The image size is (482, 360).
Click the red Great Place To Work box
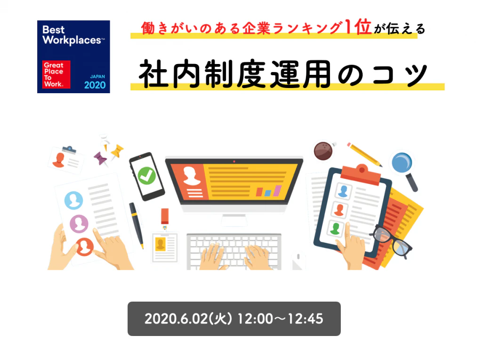pyautogui.click(x=56, y=74)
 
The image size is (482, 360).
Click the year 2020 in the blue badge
pyautogui.click(x=95, y=85)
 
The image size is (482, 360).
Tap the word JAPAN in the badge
pyautogui.click(x=97, y=76)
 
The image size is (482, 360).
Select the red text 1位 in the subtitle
pyautogui.click(x=358, y=27)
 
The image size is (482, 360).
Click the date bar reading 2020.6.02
pyautogui.click(x=234, y=319)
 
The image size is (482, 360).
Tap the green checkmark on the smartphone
pyautogui.click(x=146, y=176)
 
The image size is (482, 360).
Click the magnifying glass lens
pyautogui.click(x=402, y=163)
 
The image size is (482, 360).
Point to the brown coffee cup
pyautogui.click(x=323, y=151)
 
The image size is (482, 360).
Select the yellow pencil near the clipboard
pyautogui.click(x=365, y=155)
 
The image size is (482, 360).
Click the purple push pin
pyautogui.click(x=100, y=159)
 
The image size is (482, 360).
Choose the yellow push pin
pyautogui.click(x=117, y=151)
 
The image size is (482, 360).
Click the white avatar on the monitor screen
pyautogui.click(x=192, y=176)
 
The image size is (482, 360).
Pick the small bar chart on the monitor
pyautogui.click(x=269, y=191)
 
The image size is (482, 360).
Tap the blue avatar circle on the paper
pyautogui.click(x=73, y=200)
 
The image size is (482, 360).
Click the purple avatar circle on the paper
pyautogui.click(x=79, y=224)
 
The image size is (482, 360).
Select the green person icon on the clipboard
pyautogui.click(x=335, y=228)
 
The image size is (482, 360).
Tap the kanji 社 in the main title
pyautogui.click(x=154, y=74)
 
